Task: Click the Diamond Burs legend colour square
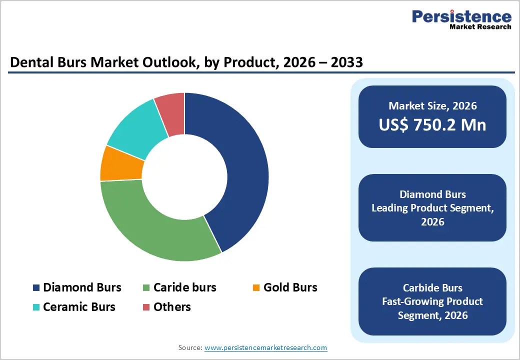coord(36,288)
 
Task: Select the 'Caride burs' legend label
coord(184,287)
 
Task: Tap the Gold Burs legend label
coord(290,287)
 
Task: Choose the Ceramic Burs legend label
coord(79,307)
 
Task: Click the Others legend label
coord(172,307)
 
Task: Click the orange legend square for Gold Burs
coord(256,288)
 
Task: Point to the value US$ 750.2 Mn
coord(432,125)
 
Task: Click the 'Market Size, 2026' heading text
coord(432,106)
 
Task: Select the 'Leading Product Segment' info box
coord(432,208)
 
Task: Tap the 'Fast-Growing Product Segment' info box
coord(432,301)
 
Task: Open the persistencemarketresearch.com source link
coord(265,347)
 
